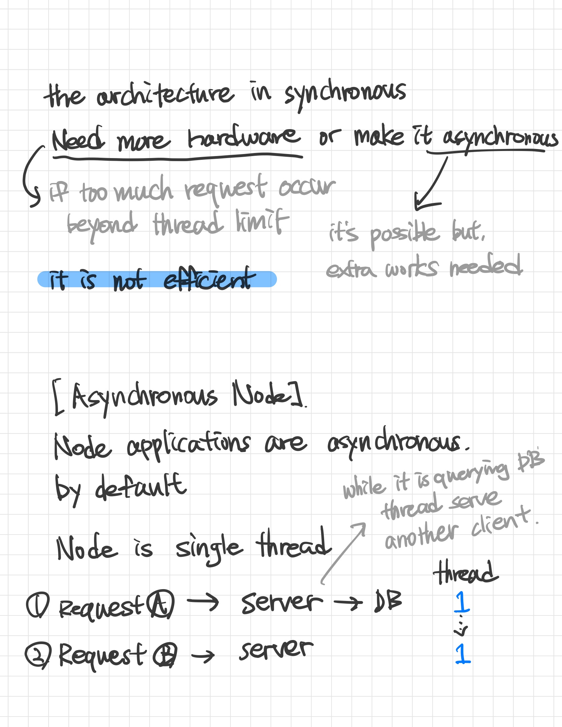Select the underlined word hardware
243,139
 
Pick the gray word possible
404,235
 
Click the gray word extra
350,270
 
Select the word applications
189,444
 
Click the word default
141,487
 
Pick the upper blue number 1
462,602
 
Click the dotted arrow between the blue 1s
461,627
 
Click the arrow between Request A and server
203,603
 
